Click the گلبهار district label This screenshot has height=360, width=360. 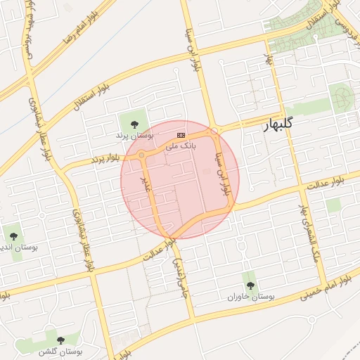click(277, 126)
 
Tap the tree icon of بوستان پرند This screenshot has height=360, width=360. click(134, 124)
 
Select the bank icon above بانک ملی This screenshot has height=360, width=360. click(181, 134)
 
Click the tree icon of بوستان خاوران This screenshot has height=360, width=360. click(250, 285)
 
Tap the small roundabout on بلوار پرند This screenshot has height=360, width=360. click(141, 155)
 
